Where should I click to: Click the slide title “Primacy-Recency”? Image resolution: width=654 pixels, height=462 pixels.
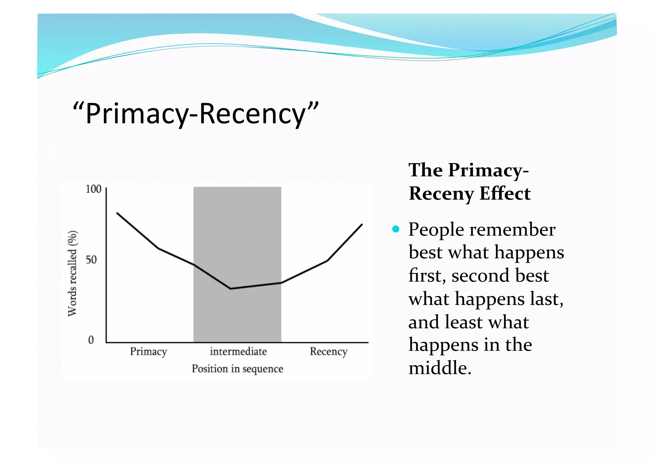click(x=195, y=114)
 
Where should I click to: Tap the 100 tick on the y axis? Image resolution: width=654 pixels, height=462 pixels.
click(x=94, y=189)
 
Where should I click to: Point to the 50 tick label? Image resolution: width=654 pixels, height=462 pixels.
click(x=91, y=260)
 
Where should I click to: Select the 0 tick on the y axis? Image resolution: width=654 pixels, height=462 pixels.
click(x=91, y=340)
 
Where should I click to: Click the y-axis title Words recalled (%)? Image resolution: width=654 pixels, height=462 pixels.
click(x=72, y=273)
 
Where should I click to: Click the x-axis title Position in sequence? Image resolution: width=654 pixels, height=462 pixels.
click(x=237, y=369)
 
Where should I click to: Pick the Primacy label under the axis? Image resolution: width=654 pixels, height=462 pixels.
click(x=148, y=352)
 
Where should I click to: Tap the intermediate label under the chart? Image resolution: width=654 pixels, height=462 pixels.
click(x=238, y=352)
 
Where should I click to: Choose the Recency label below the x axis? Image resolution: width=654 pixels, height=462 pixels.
click(x=328, y=352)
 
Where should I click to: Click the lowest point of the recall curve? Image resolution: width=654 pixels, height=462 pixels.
click(x=231, y=289)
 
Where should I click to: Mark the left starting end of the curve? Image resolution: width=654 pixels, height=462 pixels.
click(x=117, y=213)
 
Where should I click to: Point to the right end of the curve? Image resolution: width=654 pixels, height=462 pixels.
click(x=362, y=224)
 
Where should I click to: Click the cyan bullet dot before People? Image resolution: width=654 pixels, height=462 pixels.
click(x=396, y=229)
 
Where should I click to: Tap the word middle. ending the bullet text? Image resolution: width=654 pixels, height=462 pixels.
click(x=440, y=368)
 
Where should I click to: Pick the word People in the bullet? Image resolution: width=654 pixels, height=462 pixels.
click(x=436, y=230)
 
